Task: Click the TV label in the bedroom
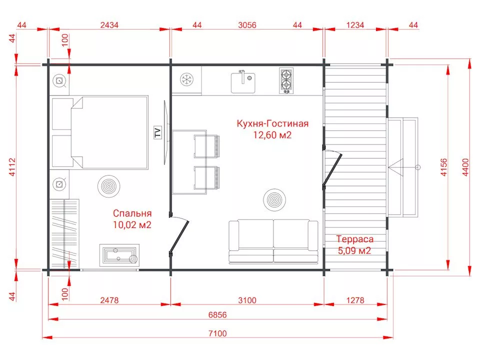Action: pos(157,133)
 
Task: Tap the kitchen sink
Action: pos(243,81)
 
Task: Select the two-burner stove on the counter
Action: pos(286,81)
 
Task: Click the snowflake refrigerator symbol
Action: pos(186,80)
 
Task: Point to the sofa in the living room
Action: pos(273,241)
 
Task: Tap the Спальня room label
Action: pos(132,213)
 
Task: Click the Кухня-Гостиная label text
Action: pos(272,123)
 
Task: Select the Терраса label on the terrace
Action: pos(355,239)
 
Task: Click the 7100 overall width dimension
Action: pos(217,333)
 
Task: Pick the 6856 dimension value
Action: pos(217,314)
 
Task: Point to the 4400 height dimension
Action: pos(465,167)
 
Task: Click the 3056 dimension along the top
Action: pos(247,25)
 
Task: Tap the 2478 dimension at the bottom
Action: pos(109,300)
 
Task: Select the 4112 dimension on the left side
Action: pos(12,167)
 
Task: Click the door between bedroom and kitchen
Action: pos(179,235)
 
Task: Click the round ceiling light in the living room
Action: pos(274,200)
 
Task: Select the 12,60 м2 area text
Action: pos(272,135)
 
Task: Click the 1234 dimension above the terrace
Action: pos(355,25)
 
